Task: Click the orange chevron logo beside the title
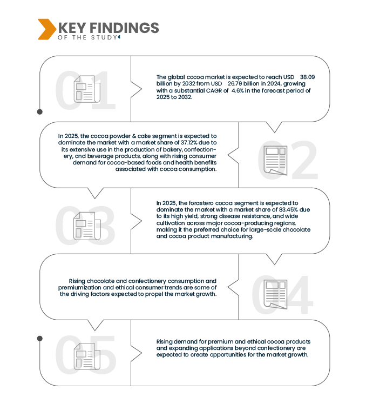[45, 29]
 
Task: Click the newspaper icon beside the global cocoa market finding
[87, 89]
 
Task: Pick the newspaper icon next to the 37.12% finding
[275, 160]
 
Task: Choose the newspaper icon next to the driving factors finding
[275, 293]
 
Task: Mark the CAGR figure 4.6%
[238, 90]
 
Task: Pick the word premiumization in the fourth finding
[89, 288]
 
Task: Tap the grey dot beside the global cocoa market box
[39, 112]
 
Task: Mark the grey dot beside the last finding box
[39, 339]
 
